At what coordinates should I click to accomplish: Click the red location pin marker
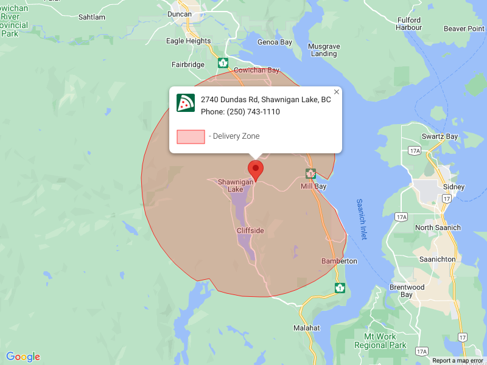pyautogui.click(x=256, y=170)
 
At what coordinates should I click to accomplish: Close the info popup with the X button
pyautogui.click(x=337, y=92)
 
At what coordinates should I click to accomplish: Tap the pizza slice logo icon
pyautogui.click(x=186, y=103)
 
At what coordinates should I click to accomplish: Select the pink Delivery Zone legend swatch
pyautogui.click(x=191, y=136)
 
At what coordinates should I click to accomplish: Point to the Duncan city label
pyautogui.click(x=179, y=14)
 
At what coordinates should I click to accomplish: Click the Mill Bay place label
pyautogui.click(x=314, y=186)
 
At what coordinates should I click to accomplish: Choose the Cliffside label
pyautogui.click(x=250, y=231)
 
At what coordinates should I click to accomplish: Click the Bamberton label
pyautogui.click(x=339, y=261)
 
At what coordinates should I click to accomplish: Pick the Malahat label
pyautogui.click(x=306, y=327)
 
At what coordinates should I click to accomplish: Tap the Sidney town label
pyautogui.click(x=454, y=187)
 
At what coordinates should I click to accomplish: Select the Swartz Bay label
pyautogui.click(x=440, y=136)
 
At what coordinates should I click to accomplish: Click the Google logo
pyautogui.click(x=23, y=357)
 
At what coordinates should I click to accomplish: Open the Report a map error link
pyautogui.click(x=458, y=361)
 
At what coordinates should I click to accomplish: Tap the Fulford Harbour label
pyautogui.click(x=408, y=23)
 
